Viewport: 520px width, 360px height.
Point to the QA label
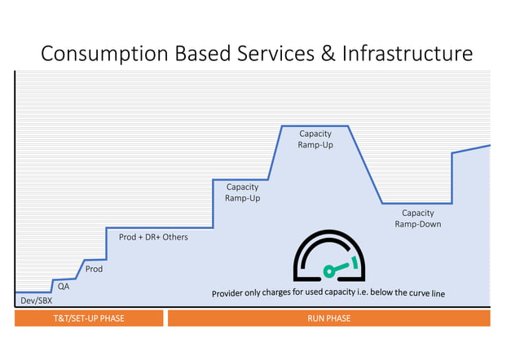[64, 286]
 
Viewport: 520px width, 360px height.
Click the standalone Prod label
[94, 268]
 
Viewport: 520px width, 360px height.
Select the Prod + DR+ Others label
[153, 237]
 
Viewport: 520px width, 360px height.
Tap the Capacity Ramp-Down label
[417, 218]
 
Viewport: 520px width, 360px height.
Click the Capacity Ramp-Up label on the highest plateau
[315, 139]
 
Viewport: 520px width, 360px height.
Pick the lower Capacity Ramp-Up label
[242, 192]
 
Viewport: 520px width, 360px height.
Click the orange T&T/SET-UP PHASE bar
[89, 318]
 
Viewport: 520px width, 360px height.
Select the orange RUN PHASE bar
[328, 318]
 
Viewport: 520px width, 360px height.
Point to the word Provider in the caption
[231, 293]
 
